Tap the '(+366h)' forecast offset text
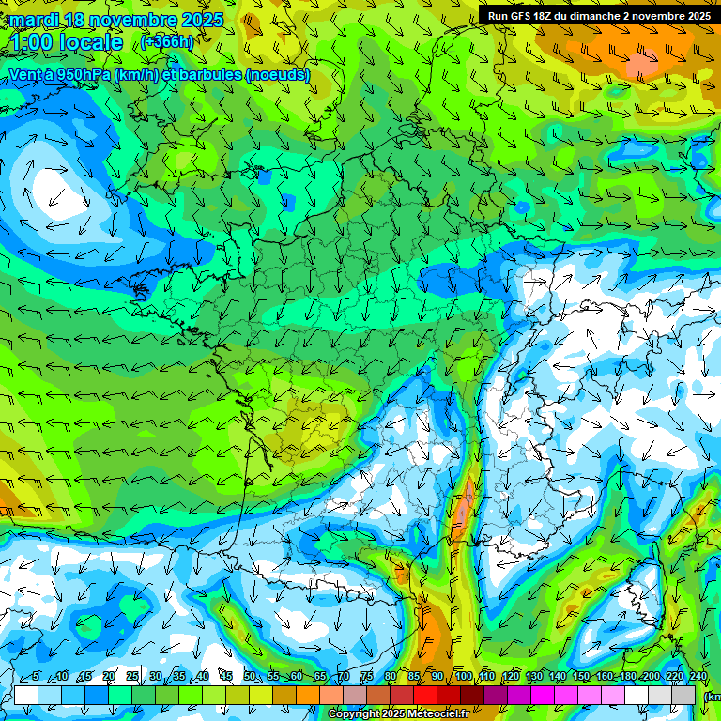pyautogui.click(x=166, y=41)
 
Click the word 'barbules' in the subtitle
pyautogui.click(x=205, y=74)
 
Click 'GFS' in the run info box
pyautogui.click(x=523, y=16)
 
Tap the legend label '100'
pyautogui.click(x=463, y=677)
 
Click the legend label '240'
pyautogui.click(x=698, y=677)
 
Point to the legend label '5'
pyautogui.click(x=36, y=677)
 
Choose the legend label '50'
pyautogui.click(x=249, y=677)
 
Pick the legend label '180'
pyautogui.click(x=627, y=677)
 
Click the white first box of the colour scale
pyautogui.click(x=25, y=695)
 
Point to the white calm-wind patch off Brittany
pyautogui.click(x=52, y=183)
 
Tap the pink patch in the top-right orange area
pyautogui.click(x=644, y=62)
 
